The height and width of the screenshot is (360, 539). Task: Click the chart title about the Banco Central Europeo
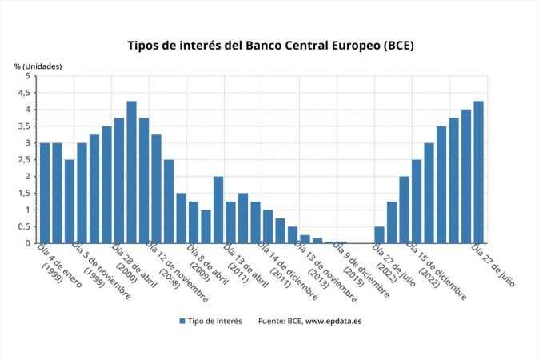click(270, 45)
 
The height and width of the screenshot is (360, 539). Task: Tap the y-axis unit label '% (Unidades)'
click(38, 66)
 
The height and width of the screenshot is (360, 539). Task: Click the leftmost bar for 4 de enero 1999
click(45, 193)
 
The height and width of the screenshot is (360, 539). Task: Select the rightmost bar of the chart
click(478, 172)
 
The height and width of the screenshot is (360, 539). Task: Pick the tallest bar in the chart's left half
click(131, 172)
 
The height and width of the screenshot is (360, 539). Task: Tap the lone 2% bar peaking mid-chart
click(218, 210)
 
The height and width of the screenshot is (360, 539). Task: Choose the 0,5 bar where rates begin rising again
click(379, 234)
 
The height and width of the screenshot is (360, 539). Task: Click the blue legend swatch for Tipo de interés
click(182, 321)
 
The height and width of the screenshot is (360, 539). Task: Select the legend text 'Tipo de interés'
click(216, 321)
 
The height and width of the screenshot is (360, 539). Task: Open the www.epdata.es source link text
click(333, 321)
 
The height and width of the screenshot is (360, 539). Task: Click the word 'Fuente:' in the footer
click(272, 321)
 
